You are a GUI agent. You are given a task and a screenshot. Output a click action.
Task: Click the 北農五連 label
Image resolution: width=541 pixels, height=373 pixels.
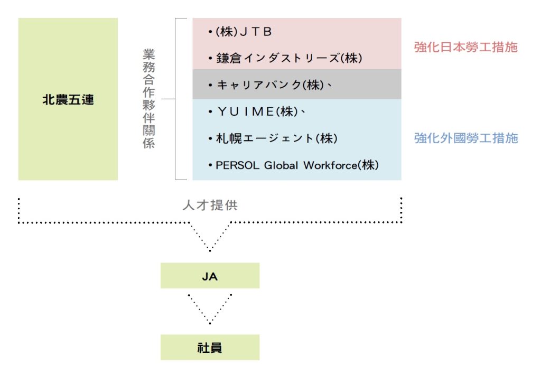(68, 99)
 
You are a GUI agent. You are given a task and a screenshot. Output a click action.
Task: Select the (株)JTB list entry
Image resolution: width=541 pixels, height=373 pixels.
(244, 32)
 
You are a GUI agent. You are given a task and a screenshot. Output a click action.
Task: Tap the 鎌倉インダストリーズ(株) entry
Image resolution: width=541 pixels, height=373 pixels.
(289, 58)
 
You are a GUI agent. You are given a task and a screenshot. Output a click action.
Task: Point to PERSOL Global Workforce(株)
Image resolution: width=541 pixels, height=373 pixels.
(297, 165)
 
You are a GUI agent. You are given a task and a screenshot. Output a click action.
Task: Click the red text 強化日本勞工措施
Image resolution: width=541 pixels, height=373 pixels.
(465, 47)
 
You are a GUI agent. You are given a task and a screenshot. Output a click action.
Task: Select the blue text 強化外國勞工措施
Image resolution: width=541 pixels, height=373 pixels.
(466, 138)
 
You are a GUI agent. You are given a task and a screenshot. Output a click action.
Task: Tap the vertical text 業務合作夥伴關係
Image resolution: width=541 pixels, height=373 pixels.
(149, 99)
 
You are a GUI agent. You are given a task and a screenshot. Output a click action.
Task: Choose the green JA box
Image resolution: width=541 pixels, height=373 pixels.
(210, 276)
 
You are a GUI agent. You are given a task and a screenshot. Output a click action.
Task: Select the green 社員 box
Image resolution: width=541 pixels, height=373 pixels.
(210, 348)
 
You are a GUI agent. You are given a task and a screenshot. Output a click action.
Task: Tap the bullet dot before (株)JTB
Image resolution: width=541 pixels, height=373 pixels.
(210, 32)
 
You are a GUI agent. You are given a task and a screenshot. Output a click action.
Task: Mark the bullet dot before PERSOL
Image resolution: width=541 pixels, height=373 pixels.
(210, 165)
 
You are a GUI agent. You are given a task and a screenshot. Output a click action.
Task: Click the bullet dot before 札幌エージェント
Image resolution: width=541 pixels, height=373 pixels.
(210, 138)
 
